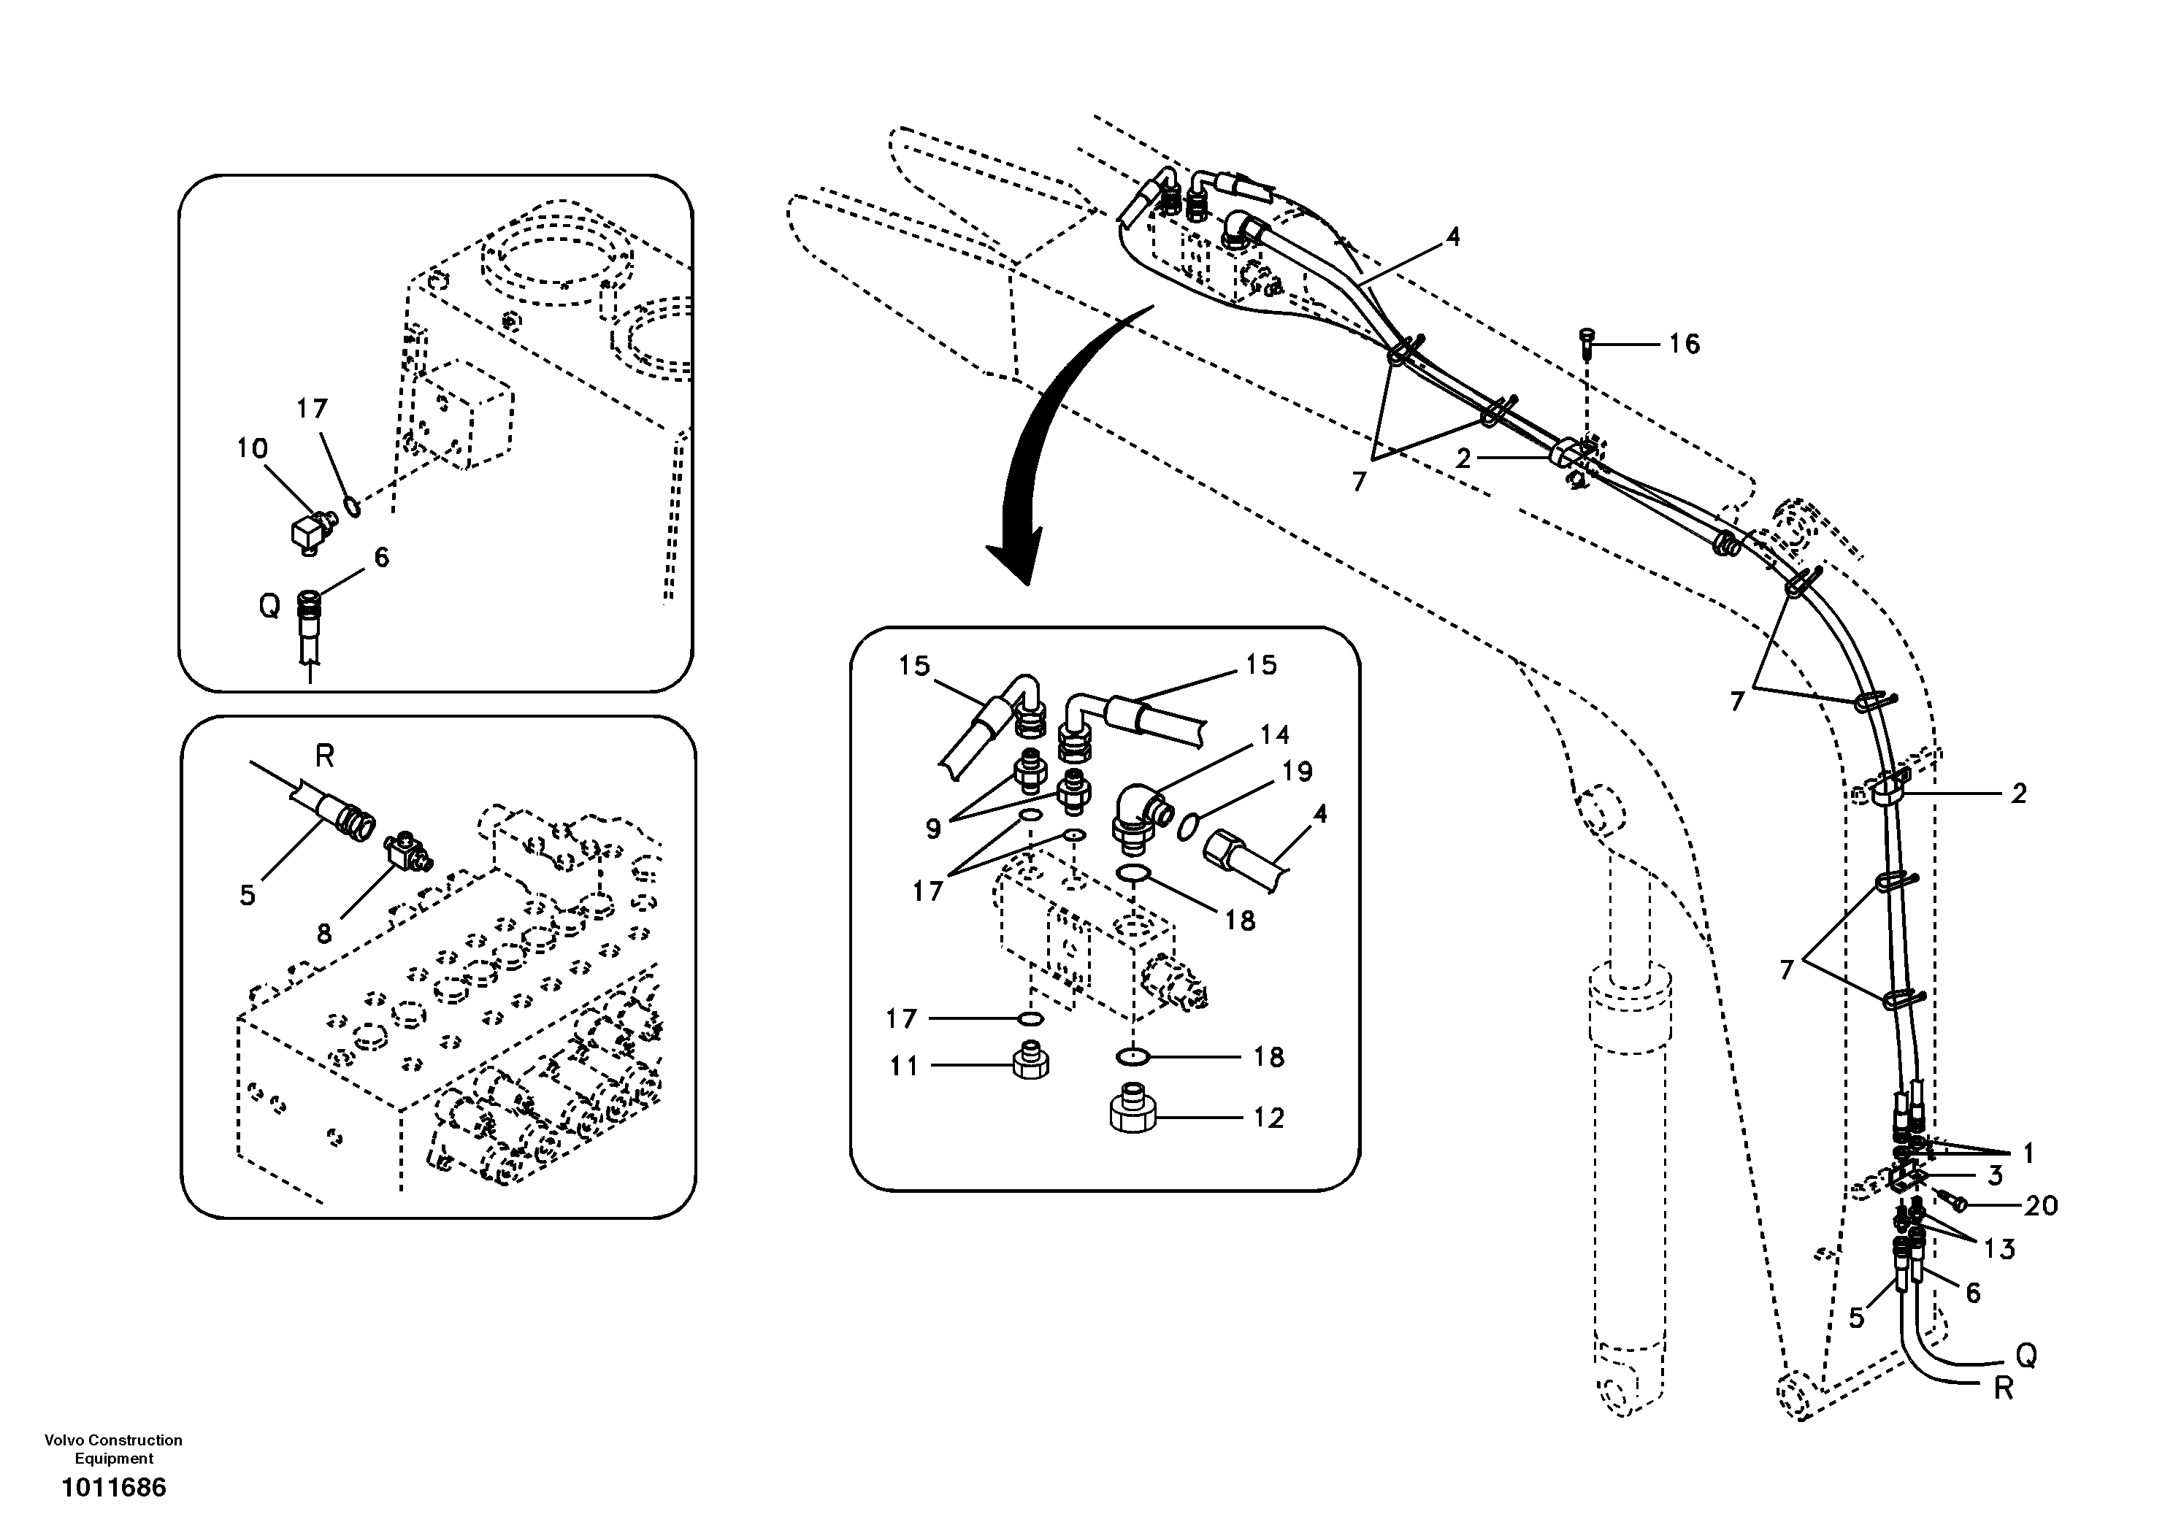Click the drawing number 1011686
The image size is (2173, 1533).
pyautogui.click(x=114, y=1488)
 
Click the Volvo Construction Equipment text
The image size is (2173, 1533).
pyautogui.click(x=114, y=1449)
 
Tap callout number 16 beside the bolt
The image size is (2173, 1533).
pyautogui.click(x=1684, y=344)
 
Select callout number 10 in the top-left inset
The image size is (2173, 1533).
pyautogui.click(x=252, y=447)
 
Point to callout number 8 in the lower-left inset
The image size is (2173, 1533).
pyautogui.click(x=323, y=934)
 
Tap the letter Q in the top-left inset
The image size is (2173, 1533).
pyautogui.click(x=269, y=606)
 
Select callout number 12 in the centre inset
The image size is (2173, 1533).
pyautogui.click(x=1268, y=1118)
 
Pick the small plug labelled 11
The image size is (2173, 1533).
pyautogui.click(x=1031, y=1064)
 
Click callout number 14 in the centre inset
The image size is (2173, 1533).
pyautogui.click(x=1275, y=734)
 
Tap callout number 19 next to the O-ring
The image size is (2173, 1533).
pyautogui.click(x=1298, y=772)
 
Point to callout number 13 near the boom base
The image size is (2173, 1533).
pyautogui.click(x=1999, y=1249)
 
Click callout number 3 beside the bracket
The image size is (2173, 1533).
pyautogui.click(x=1995, y=1176)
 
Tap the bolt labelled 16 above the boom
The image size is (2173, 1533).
pyautogui.click(x=1588, y=345)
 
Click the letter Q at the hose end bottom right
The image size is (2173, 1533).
pyautogui.click(x=2026, y=1356)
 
